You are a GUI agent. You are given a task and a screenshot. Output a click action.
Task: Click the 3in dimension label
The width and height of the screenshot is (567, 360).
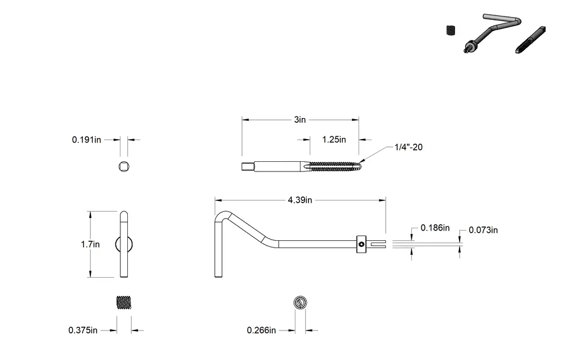pos(300,120)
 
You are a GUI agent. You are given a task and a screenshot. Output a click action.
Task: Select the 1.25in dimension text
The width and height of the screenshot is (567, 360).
pos(334,140)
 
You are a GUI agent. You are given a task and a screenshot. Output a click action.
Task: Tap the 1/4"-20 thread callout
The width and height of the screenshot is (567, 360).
pos(408,147)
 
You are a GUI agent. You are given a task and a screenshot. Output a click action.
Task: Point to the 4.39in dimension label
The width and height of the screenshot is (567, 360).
pos(300,200)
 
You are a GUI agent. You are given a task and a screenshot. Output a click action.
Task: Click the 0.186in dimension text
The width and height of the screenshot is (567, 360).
pos(435,228)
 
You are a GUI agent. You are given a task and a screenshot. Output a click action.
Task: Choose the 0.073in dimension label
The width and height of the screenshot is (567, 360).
pos(483,230)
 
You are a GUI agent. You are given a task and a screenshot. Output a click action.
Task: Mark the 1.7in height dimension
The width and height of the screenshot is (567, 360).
pos(90,244)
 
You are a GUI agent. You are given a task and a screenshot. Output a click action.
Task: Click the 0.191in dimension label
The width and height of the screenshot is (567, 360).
pos(86,140)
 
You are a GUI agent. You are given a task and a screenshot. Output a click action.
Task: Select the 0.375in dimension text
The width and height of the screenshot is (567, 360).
pos(83,330)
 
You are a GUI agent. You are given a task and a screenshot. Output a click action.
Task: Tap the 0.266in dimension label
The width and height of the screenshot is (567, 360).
pos(261,330)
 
